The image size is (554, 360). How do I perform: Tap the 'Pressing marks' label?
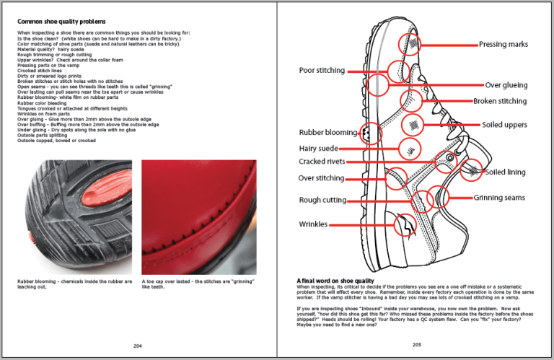tap(504, 45)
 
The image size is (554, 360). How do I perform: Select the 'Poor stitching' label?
tap(322, 71)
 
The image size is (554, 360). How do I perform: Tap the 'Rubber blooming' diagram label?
tap(328, 133)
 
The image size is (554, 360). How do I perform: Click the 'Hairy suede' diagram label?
tap(319, 149)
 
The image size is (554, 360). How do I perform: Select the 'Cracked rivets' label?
tap(322, 162)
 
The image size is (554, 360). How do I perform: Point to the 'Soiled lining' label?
tap(505, 172)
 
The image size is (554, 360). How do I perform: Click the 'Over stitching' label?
tap(322, 178)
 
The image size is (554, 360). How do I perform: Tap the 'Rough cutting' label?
tap(322, 201)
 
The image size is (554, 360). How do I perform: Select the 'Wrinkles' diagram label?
tap(313, 224)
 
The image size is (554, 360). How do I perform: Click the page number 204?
tap(138, 346)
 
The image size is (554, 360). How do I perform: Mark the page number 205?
tap(416, 345)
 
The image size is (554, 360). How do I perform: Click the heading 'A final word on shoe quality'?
tap(335, 280)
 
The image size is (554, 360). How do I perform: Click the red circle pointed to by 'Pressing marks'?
tap(412, 45)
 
